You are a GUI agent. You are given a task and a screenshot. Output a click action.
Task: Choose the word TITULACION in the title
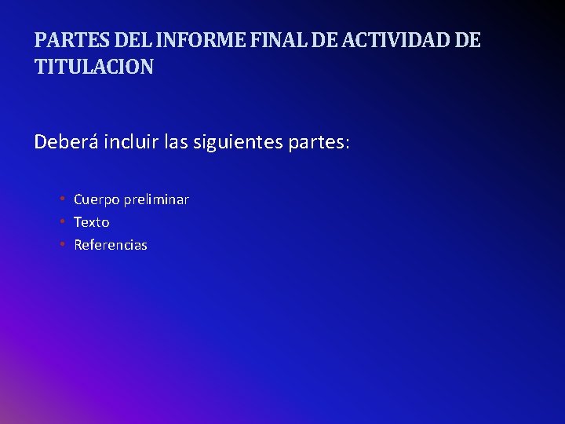pyautogui.click(x=94, y=68)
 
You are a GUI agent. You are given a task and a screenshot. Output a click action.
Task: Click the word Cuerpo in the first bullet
pyautogui.click(x=96, y=199)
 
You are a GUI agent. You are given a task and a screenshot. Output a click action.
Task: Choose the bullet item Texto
pyautogui.click(x=91, y=222)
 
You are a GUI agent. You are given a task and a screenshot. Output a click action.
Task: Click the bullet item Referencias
pyautogui.click(x=111, y=245)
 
